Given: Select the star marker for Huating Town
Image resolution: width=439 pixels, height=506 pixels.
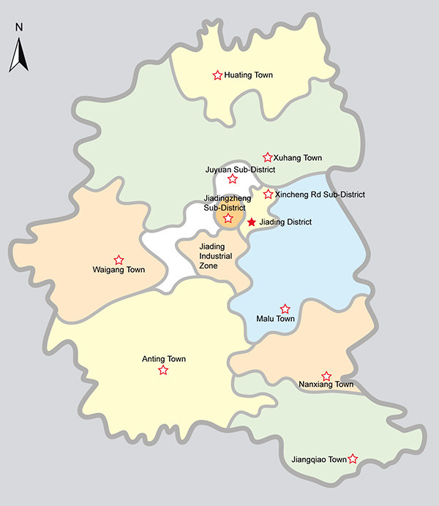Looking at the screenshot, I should (217, 75).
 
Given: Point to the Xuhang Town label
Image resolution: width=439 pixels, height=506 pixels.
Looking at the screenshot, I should (298, 158).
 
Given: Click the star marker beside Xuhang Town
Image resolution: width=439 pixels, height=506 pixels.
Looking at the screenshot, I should (268, 157).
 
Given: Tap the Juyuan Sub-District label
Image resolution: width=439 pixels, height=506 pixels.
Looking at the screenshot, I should (240, 169).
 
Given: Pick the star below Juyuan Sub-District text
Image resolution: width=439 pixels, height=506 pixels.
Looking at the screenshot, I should (233, 179).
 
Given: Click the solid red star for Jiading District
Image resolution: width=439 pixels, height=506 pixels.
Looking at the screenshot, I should (252, 222).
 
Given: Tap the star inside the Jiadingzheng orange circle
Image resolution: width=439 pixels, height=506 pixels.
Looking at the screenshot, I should (228, 218).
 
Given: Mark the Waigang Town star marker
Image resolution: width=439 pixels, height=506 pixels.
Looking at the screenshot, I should (119, 260).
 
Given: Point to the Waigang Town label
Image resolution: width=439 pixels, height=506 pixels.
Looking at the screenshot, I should (119, 271).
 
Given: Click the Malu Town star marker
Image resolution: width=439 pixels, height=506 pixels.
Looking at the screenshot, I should (285, 309).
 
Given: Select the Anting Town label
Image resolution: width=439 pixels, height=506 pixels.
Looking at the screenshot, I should (163, 359).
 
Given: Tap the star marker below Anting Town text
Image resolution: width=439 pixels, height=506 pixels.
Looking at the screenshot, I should (163, 371).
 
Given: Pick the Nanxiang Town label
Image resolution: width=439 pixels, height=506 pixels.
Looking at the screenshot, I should (326, 385).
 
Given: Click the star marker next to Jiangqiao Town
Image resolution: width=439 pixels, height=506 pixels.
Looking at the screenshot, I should (353, 459).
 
